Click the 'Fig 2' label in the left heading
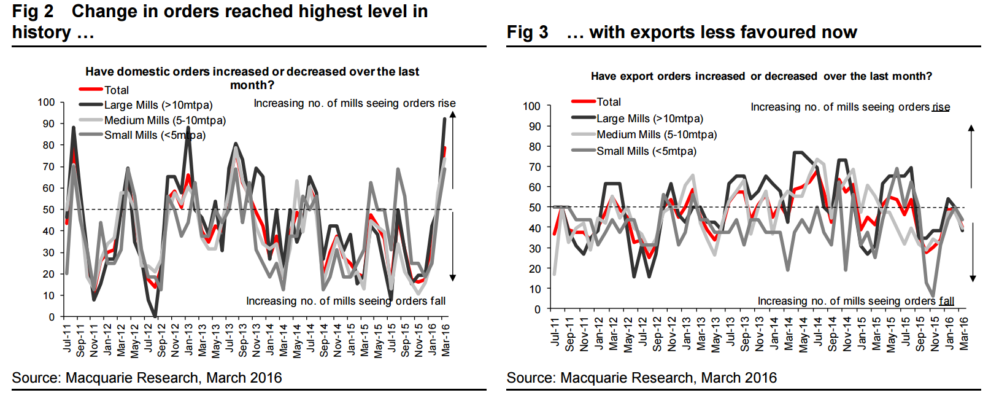point(33,11)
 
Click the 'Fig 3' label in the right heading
point(527,32)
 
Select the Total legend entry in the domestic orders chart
point(116,90)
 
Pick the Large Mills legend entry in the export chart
point(650,119)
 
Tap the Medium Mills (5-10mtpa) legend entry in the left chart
point(164,120)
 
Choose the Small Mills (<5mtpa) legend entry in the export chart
point(646,151)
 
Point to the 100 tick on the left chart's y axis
point(47,102)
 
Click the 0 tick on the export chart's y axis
point(538,310)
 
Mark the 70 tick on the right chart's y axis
point(535,167)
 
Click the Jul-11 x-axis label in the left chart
point(67,338)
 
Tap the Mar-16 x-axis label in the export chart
point(964,334)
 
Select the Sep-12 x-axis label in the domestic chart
point(161,340)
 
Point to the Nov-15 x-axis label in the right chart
point(935,334)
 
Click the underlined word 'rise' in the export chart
point(941,107)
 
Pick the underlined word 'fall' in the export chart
point(946,301)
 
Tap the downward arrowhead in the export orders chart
point(973,278)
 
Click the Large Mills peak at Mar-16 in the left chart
point(444,119)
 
